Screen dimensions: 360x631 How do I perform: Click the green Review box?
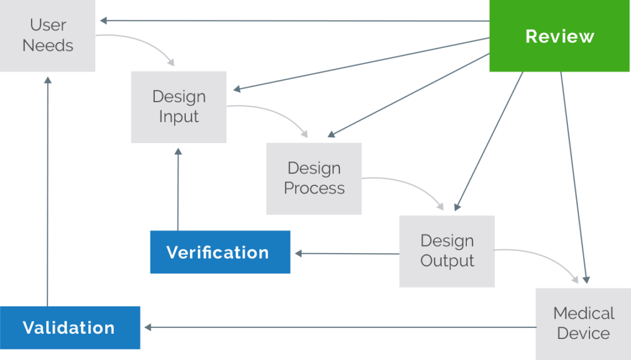[559, 36]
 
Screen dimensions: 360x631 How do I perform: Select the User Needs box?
[48, 36]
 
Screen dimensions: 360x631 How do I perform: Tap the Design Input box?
[179, 107]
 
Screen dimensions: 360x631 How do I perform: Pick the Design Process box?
[314, 178]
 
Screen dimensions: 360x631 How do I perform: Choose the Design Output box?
[447, 251]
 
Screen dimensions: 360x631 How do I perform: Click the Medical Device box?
[583, 323]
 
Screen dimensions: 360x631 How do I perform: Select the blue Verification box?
[220, 252]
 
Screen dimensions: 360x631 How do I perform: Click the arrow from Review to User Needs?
[292, 21]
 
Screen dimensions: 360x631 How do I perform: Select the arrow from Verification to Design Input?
[178, 187]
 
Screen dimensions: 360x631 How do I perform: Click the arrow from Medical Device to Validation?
[339, 327]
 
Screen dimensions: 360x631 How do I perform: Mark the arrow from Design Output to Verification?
[345, 254]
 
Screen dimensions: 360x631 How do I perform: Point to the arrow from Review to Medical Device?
[573, 175]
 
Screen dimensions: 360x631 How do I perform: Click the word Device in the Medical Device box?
[583, 334]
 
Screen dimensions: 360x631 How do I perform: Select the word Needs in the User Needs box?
[48, 46]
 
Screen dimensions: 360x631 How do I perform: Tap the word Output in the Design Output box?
[447, 261]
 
